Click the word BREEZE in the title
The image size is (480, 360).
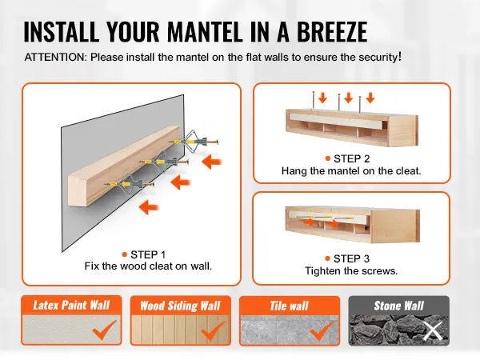click(332, 31)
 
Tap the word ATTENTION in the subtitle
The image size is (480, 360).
click(56, 58)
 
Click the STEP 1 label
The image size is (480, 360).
click(148, 254)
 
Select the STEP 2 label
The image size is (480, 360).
click(352, 158)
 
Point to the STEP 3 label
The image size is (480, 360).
click(351, 258)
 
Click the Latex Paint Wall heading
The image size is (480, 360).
click(71, 305)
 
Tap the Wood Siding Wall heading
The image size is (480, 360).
click(180, 306)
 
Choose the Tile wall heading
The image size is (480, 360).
click(290, 306)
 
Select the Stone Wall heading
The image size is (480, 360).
click(399, 306)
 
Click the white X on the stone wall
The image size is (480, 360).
click(433, 331)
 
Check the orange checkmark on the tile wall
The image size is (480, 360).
click(322, 330)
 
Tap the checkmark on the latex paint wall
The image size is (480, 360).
click(104, 330)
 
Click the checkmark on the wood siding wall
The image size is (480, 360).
click(213, 330)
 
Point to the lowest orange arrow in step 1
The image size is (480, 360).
click(149, 207)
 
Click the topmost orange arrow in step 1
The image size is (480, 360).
click(212, 162)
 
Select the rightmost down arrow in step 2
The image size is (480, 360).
click(370, 98)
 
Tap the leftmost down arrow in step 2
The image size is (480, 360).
click(322, 98)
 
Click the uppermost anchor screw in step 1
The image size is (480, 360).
click(194, 142)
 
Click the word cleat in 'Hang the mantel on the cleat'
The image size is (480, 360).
click(410, 171)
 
